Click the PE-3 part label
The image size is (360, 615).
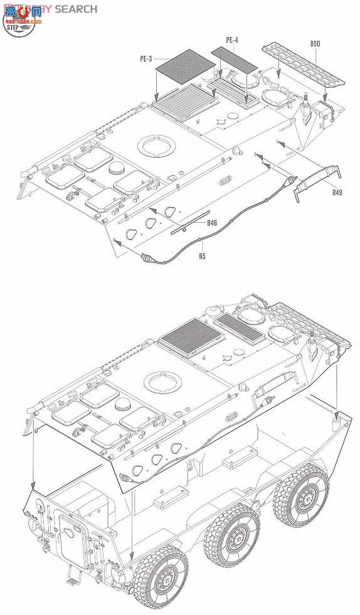(x=146, y=59)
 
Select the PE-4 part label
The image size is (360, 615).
(x=232, y=41)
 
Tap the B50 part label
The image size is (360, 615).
(x=315, y=44)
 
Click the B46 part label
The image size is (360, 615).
(x=213, y=223)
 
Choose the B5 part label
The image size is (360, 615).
(x=202, y=255)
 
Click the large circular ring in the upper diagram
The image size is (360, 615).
(x=155, y=146)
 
